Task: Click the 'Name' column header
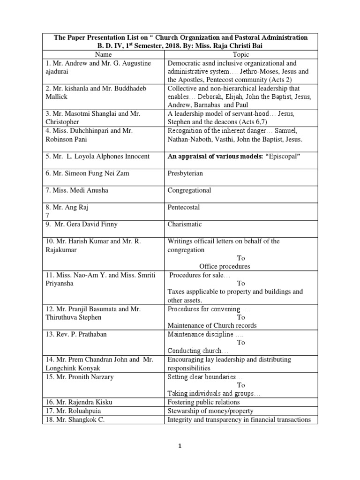coord(103,55)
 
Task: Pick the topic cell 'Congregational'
coord(189,190)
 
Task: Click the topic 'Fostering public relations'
coord(203,402)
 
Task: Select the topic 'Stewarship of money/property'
coord(209,411)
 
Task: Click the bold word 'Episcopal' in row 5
coord(282,157)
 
